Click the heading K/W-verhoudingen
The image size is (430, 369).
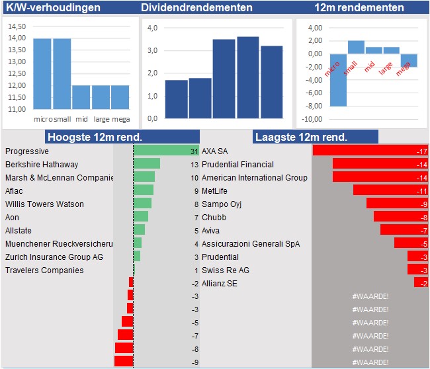tap(53, 8)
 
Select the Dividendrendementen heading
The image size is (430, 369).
tap(196, 8)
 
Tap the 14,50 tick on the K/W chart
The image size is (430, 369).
tap(17, 26)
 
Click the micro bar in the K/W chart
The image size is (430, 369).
tap(42, 73)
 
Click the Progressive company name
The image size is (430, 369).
tap(27, 151)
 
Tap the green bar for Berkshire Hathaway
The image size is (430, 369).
tap(147, 164)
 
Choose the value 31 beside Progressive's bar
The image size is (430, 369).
tap(194, 151)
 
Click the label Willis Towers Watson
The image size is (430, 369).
tap(44, 204)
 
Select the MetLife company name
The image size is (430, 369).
tap(217, 191)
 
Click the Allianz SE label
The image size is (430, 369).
tap(220, 284)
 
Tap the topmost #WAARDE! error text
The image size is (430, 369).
tap(370, 296)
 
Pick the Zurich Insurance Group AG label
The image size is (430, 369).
tap(54, 257)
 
